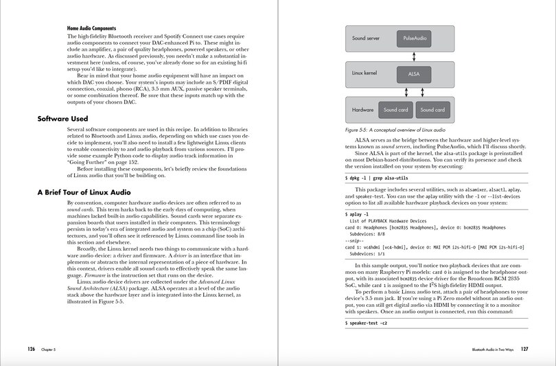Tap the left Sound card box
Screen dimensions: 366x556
pos(395,110)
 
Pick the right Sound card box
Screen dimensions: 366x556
pos(432,110)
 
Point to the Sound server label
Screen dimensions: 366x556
pos(366,39)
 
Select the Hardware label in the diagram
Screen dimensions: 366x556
pos(363,110)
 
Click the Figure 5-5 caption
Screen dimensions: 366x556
pos(395,129)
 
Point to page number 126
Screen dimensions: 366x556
pos(32,349)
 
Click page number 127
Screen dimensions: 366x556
pos(524,349)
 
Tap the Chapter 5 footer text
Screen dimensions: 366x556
pos(48,349)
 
